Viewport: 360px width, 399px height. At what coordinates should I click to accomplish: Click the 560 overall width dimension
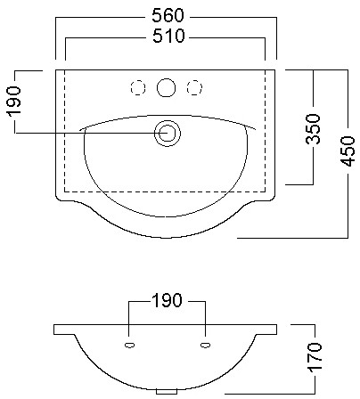tap(168, 15)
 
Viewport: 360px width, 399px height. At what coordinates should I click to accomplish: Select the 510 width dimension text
tap(168, 36)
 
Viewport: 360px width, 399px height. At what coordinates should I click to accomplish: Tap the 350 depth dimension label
tap(314, 129)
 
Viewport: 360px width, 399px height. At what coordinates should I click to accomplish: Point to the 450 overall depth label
tap(348, 151)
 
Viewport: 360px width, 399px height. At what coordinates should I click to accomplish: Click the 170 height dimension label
tap(315, 357)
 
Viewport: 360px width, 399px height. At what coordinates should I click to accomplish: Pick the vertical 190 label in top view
tap(14, 102)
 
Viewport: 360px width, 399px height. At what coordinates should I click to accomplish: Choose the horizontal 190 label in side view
tap(167, 300)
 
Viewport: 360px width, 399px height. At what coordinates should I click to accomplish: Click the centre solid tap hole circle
tap(166, 87)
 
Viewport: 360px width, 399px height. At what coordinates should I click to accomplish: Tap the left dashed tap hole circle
tap(138, 88)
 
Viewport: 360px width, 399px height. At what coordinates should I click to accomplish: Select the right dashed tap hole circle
tap(194, 88)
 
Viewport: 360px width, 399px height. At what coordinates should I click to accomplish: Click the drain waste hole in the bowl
tap(168, 134)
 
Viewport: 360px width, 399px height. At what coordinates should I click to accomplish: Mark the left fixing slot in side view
tap(129, 345)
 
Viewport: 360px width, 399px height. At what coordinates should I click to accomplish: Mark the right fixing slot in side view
tap(206, 345)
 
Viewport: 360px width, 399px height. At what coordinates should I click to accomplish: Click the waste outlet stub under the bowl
tap(167, 392)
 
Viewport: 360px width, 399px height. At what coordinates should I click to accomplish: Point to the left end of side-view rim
tap(54, 330)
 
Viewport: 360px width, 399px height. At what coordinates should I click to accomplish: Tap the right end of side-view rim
tap(277, 330)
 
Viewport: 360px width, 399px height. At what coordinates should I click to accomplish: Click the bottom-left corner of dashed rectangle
tap(65, 191)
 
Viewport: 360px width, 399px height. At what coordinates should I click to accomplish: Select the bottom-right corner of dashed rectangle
tap(266, 191)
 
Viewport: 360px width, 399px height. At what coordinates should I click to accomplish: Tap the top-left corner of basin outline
tap(56, 70)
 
